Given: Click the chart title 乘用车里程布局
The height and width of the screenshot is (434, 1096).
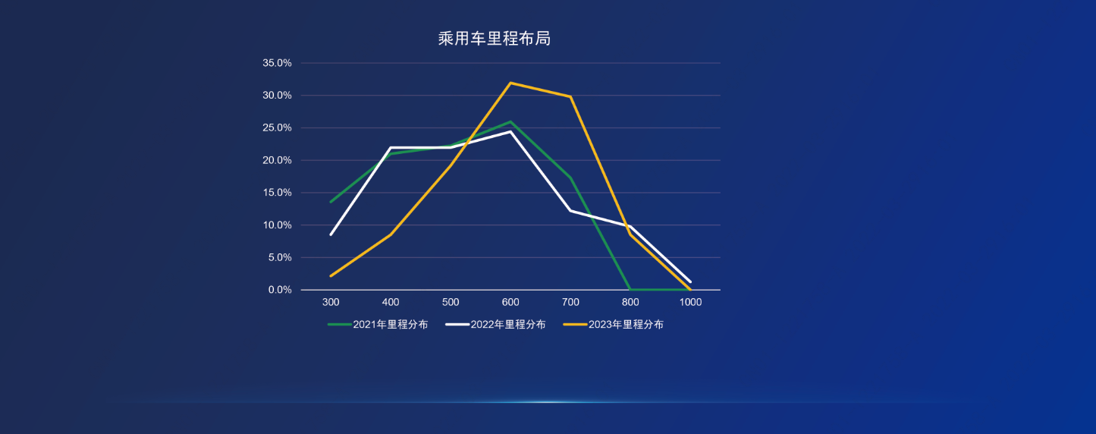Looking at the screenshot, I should [494, 39].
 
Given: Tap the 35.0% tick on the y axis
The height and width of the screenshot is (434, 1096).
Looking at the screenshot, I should [277, 63].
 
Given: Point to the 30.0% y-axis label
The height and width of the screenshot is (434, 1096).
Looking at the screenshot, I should [277, 96].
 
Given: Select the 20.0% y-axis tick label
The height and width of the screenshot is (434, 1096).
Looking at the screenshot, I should [277, 160].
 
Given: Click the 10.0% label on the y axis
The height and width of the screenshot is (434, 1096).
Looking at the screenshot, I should [277, 225].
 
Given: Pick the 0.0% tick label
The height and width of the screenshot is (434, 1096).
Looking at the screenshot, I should [280, 290].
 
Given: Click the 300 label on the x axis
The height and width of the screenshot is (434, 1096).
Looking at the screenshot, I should [331, 302].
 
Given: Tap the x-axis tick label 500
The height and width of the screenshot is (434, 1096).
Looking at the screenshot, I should [451, 302].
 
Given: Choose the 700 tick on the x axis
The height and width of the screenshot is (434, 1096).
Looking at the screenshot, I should [570, 302].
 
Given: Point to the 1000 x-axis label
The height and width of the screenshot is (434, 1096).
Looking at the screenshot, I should [690, 302].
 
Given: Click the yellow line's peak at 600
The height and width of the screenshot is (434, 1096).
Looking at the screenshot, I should [510, 83].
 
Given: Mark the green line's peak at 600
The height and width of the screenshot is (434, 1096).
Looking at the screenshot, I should [510, 121].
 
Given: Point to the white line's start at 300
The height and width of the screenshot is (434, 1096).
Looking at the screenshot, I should [331, 234].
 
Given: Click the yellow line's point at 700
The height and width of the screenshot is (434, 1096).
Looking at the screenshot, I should [570, 96].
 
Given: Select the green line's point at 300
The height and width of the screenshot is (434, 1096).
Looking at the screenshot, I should [331, 202].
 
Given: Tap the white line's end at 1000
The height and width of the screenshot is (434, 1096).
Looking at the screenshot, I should [690, 281].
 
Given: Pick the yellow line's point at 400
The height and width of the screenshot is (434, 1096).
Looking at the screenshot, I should [391, 234].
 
